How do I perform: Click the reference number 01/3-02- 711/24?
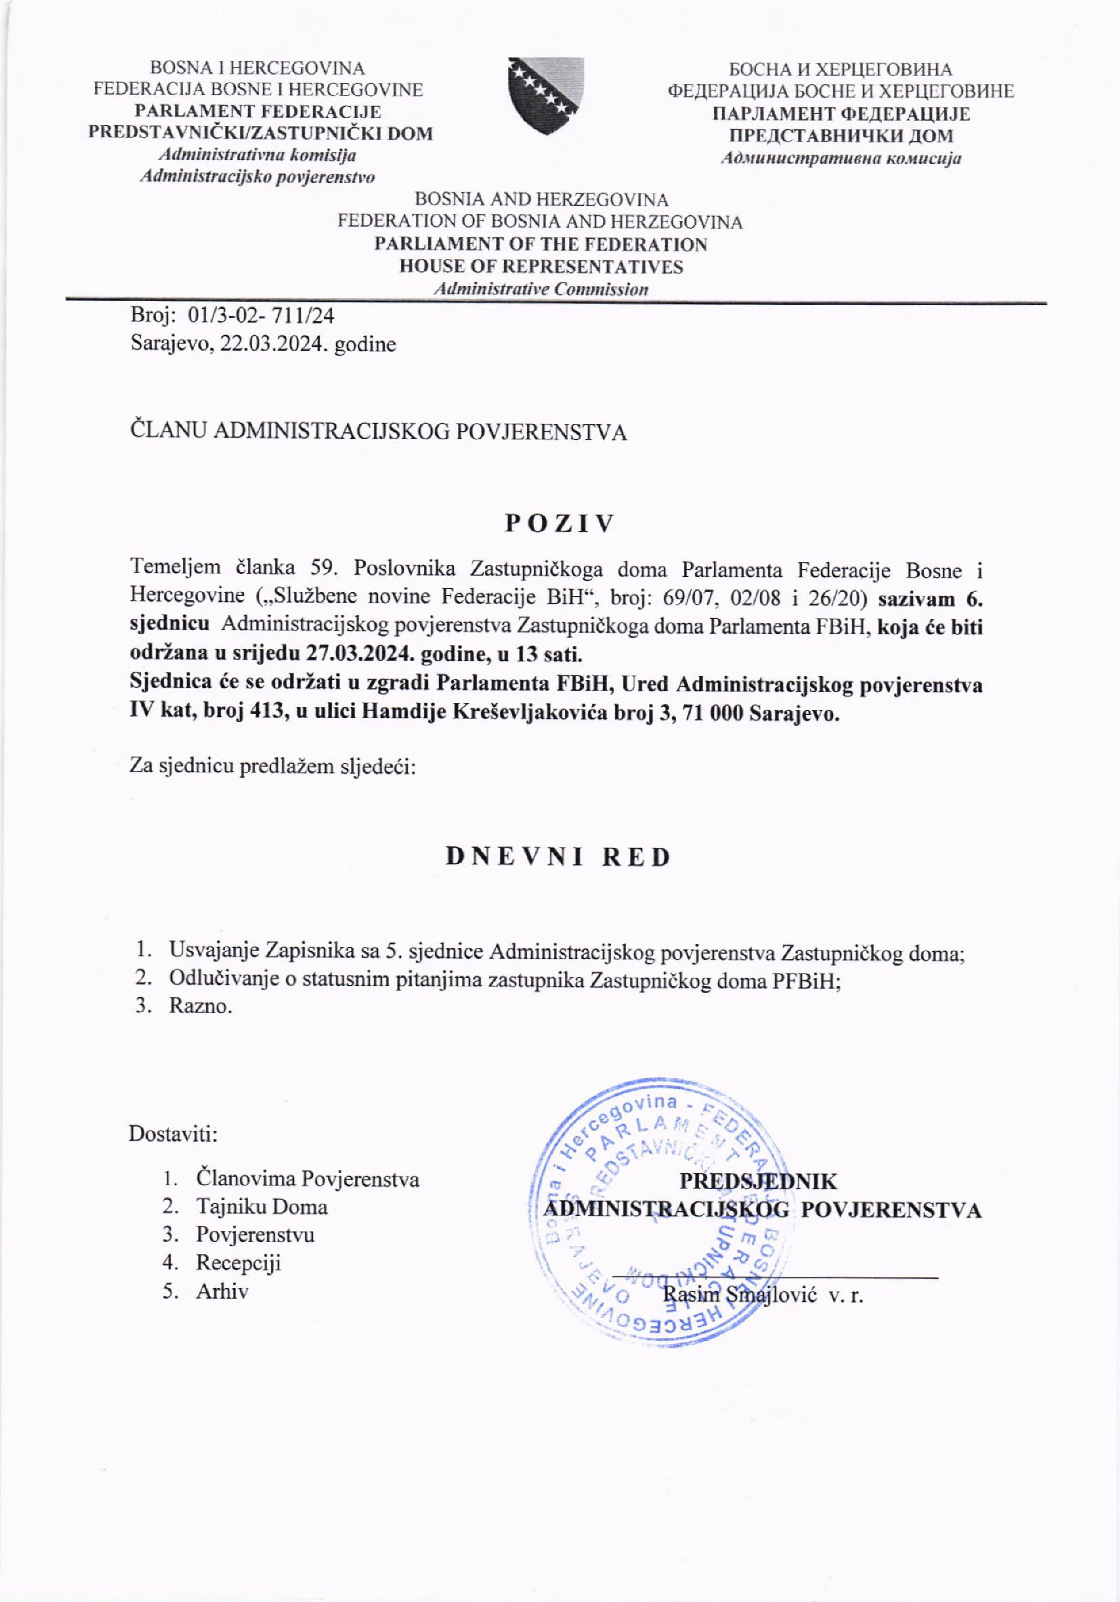[x=261, y=317]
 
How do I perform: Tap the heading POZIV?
[x=560, y=524]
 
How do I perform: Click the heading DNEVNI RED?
[x=558, y=857]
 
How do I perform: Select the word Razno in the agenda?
[x=200, y=1007]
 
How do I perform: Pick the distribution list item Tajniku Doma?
[x=262, y=1207]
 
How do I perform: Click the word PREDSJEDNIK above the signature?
[x=758, y=1182]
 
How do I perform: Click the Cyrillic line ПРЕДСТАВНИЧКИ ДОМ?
[x=841, y=136]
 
